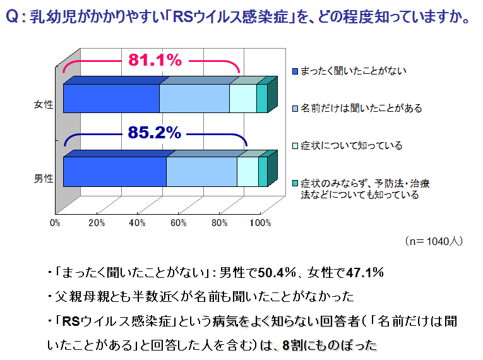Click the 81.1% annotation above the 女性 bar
(x=155, y=60)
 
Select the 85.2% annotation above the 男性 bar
(x=155, y=133)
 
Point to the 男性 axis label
(x=43, y=178)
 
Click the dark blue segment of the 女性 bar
(x=111, y=99)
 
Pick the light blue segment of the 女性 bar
(x=194, y=99)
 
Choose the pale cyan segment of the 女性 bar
(x=242, y=99)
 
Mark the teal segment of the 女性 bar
(x=262, y=99)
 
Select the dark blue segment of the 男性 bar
(x=114, y=172)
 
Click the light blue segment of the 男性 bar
(x=201, y=172)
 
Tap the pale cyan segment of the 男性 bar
(x=247, y=172)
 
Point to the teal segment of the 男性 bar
(x=263, y=172)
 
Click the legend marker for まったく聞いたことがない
(x=295, y=71)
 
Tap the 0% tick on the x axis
(x=56, y=223)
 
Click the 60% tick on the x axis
(x=179, y=223)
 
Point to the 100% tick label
(x=260, y=223)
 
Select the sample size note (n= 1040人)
(x=434, y=241)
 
